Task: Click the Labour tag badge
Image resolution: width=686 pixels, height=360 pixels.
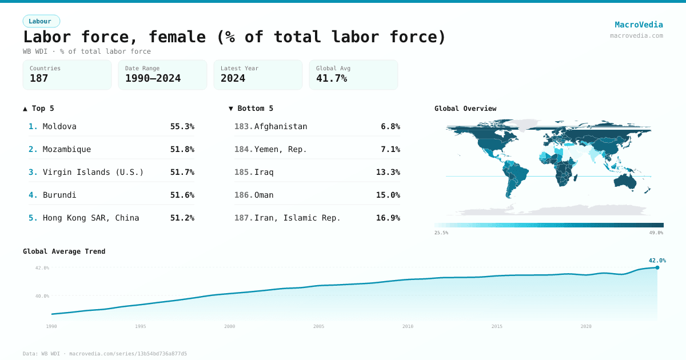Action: (41, 21)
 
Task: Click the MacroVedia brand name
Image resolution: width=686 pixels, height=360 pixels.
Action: (639, 25)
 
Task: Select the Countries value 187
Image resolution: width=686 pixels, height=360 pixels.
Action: (39, 78)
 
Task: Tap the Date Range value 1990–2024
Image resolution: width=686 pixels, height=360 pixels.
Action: (153, 78)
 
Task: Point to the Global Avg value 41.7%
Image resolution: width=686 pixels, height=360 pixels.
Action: (332, 78)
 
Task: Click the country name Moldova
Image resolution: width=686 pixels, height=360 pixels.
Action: (59, 126)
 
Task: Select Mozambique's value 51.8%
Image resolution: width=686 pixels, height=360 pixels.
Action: (182, 149)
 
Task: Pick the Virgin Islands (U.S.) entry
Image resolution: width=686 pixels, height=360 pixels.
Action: (93, 172)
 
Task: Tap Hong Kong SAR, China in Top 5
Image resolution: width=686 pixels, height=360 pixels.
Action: (91, 218)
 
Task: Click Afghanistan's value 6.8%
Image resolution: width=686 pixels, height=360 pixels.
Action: (390, 126)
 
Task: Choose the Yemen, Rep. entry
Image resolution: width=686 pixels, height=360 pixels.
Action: (281, 149)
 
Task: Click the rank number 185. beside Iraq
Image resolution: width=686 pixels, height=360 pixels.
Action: (244, 172)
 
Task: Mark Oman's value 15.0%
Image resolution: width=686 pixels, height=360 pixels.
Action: (388, 195)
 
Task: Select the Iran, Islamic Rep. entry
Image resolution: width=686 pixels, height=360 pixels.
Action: (297, 218)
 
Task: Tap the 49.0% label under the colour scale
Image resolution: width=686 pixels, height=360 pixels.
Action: (656, 233)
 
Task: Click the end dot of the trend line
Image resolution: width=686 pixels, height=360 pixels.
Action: (657, 267)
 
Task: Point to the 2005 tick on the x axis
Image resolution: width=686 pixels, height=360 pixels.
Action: (318, 326)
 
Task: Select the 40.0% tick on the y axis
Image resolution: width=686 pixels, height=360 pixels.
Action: (42, 296)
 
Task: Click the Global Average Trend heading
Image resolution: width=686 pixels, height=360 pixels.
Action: (64, 251)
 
